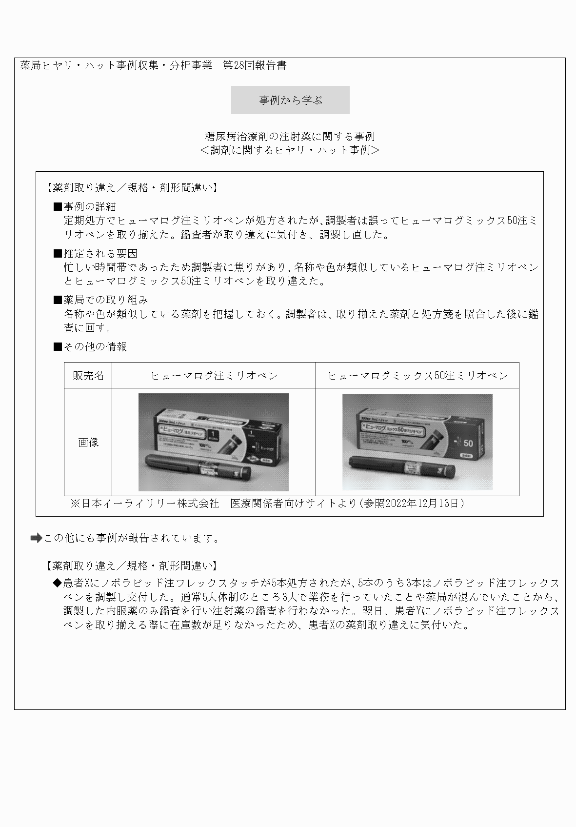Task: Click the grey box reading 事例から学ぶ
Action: [x=290, y=100]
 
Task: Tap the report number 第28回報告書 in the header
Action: [x=255, y=65]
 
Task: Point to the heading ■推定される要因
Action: [x=95, y=253]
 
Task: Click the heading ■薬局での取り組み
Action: [x=100, y=300]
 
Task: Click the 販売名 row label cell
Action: [x=88, y=375]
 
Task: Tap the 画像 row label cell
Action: [x=88, y=442]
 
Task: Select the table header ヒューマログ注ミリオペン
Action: [x=214, y=375]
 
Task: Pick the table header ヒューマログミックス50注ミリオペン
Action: [x=417, y=375]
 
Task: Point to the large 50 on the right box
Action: [x=468, y=444]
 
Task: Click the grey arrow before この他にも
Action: [x=36, y=538]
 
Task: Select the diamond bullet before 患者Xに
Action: [x=58, y=584]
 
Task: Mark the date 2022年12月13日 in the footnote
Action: [x=422, y=504]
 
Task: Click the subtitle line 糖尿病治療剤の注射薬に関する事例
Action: [x=290, y=136]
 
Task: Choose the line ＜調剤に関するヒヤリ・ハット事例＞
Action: [x=290, y=150]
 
